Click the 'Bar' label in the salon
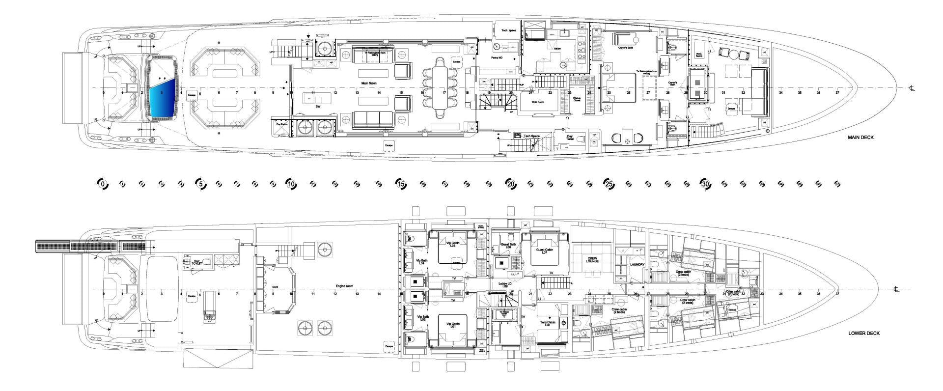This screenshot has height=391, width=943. coord(318,106)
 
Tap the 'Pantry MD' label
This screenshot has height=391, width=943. coord(497,58)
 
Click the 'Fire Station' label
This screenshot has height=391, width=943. coord(278,124)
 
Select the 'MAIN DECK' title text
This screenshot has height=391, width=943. coord(860,138)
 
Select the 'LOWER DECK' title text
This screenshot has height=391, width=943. coord(864,333)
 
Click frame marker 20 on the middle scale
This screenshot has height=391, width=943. coord(511,184)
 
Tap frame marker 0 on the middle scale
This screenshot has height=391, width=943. coord(102,184)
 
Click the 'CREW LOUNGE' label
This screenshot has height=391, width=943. coord(592,259)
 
